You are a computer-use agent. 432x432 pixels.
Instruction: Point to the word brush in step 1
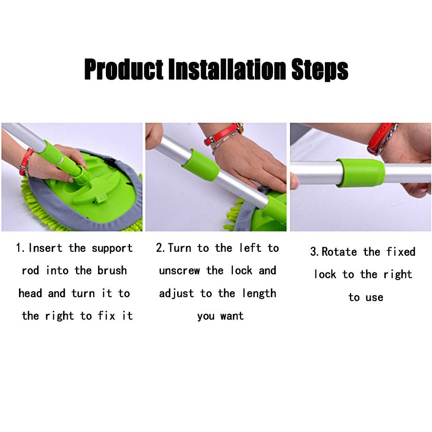112,271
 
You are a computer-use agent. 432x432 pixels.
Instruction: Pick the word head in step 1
30,293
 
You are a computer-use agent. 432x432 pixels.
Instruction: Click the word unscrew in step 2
179,271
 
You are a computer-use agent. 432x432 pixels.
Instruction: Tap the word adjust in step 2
176,294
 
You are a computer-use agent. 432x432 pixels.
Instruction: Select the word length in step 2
259,293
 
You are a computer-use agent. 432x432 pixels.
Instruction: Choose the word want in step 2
232,316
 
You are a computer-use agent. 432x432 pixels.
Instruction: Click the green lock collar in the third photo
360,173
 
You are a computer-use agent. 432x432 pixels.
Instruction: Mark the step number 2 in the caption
159,248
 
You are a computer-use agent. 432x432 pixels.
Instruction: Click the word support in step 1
112,249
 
